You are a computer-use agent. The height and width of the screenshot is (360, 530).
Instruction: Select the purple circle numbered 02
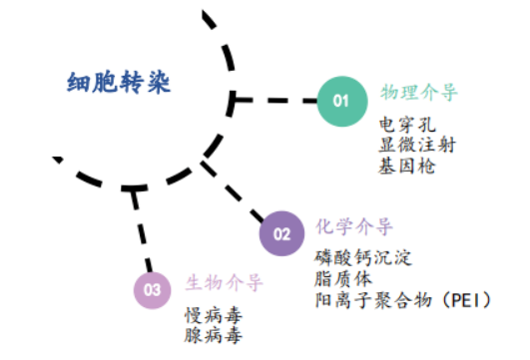(282, 234)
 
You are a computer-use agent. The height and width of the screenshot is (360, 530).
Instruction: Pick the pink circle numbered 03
(153, 289)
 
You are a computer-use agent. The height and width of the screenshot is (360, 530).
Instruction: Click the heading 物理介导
(419, 93)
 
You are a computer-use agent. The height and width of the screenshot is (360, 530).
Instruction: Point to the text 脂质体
(340, 278)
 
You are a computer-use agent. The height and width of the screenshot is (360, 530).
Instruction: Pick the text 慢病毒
(213, 315)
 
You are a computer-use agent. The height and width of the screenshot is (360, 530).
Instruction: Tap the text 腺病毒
(213, 335)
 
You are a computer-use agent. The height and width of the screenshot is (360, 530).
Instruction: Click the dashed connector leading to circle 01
(280, 100)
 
